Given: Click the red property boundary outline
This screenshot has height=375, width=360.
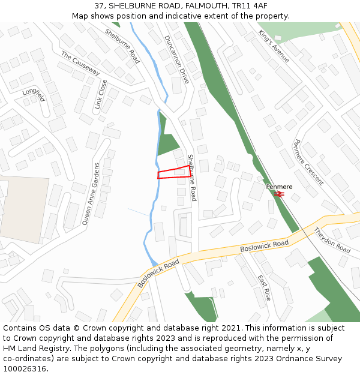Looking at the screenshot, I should click(175, 172).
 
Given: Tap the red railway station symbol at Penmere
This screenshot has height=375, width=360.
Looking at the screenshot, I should click(279, 194).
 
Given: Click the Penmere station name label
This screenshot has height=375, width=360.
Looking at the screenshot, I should click(279, 187).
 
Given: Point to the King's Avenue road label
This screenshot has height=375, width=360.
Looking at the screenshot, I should click(274, 46).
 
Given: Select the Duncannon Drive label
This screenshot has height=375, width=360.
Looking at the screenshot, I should click(176, 58).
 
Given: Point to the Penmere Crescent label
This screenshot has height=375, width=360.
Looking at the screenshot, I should click(308, 162).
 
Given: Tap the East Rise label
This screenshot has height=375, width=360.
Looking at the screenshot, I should click(264, 289).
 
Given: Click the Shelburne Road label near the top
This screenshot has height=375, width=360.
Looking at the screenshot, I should click(122, 46).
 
